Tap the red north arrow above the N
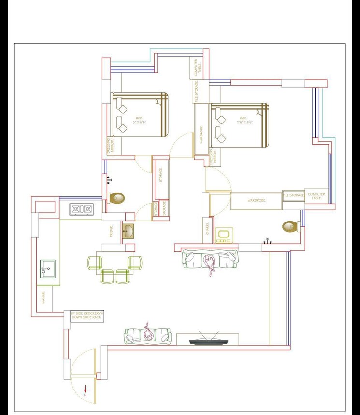(x=85, y=388)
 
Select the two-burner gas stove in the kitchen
(x=81, y=209)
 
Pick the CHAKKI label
(x=207, y=229)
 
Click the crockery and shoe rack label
(x=86, y=315)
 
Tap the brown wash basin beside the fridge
(x=128, y=231)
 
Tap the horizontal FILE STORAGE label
(x=294, y=195)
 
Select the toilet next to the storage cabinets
(x=117, y=197)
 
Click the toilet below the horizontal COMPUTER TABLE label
(x=290, y=226)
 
